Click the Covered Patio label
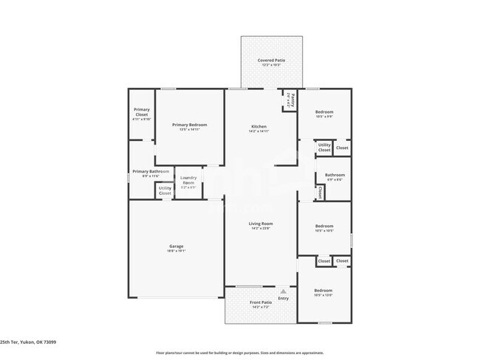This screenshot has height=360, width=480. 271,60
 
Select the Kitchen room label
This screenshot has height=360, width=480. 258,127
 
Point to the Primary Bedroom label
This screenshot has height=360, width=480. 190,125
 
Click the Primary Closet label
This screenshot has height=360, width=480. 141,113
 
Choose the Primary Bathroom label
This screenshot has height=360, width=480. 145,172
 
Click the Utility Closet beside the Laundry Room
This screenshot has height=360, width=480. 165,190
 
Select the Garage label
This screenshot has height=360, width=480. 176,246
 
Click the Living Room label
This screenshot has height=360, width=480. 261,224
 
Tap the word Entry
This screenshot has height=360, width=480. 284,298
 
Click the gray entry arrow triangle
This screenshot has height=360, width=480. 283,291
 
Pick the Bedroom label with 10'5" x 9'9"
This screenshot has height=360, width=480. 324,111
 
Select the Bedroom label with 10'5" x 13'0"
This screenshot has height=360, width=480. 323,290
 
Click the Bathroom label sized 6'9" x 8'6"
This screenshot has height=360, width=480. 335,176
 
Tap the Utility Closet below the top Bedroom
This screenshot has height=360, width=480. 324,148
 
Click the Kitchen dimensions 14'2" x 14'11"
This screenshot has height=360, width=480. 258,131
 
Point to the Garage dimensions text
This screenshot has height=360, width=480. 176,251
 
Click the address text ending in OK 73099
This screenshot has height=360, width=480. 28,342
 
